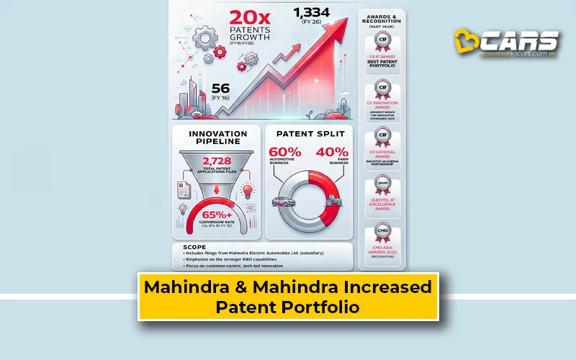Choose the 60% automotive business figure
click(x=286, y=153)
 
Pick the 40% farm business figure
click(x=332, y=153)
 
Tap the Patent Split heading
click(x=309, y=134)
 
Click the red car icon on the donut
click(x=282, y=202)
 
